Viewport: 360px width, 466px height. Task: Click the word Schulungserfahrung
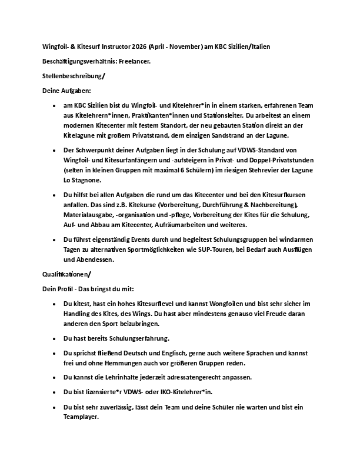point(135,338)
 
